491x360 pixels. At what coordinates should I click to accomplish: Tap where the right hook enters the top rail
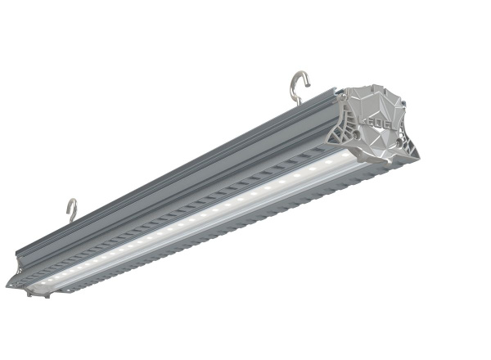point(299,104)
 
